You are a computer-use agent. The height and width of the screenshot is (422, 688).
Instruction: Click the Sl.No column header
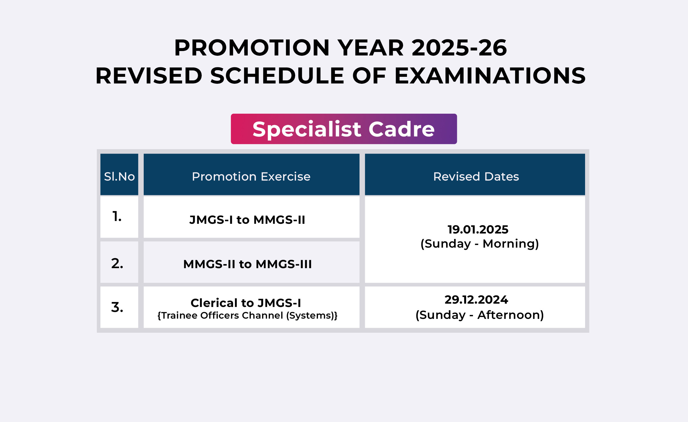[119, 176]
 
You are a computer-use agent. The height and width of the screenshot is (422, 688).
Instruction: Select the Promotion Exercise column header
[251, 176]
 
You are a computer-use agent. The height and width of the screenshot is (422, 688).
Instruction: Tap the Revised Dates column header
[476, 176]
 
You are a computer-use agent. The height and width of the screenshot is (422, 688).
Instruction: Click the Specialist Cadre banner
[344, 129]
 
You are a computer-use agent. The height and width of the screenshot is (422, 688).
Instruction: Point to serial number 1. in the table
[117, 216]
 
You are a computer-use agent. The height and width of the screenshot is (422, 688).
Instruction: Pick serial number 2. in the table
[117, 263]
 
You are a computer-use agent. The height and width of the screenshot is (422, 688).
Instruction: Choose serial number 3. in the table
[117, 307]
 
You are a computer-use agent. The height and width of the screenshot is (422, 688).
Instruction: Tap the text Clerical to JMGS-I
[246, 303]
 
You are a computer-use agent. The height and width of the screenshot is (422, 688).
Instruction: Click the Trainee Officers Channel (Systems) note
[247, 315]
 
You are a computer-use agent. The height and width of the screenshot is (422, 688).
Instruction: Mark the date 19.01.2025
[478, 229]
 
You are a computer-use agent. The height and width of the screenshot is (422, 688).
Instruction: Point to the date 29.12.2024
[476, 299]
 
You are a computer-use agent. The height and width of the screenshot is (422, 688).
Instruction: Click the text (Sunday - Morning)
[480, 244]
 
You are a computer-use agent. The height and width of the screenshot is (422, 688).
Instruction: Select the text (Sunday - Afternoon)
[480, 315]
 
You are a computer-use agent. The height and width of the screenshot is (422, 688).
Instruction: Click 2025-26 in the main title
[459, 47]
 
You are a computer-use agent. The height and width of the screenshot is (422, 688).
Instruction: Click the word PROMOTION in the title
[252, 47]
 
